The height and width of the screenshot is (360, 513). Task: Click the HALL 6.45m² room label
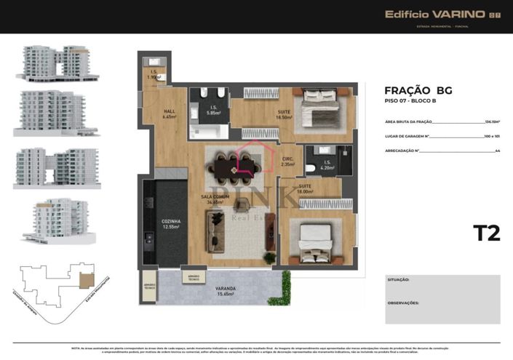[x=168, y=113]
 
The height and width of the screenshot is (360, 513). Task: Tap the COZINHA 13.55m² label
[x=172, y=224]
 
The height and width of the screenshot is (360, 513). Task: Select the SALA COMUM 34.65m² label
[x=216, y=200]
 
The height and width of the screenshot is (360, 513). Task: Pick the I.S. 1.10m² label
[x=154, y=74]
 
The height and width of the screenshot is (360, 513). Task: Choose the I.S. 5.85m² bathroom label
[x=212, y=111]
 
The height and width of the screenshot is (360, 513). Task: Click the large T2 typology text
[x=486, y=233]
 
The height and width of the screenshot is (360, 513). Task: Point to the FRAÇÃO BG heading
[x=418, y=90]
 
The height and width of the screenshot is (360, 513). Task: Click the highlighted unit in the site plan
[x=87, y=279]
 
